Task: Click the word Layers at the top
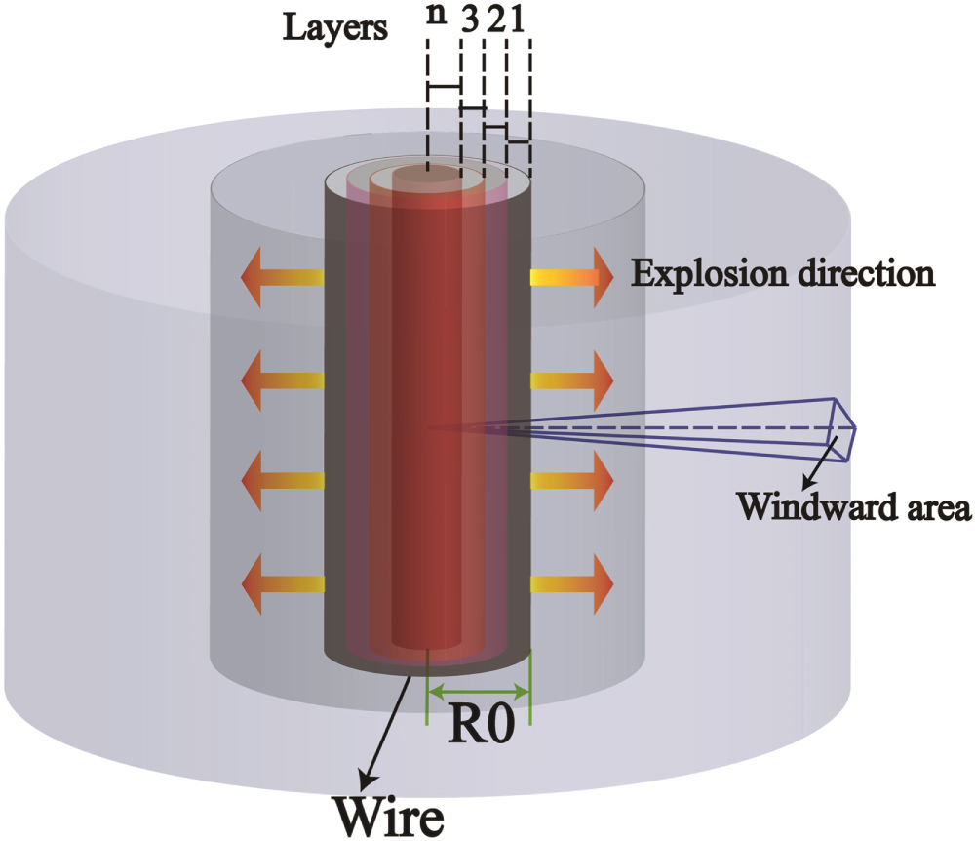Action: pyautogui.click(x=335, y=28)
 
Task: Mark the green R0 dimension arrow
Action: pyautogui.click(x=479, y=693)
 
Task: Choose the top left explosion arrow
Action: pyautogui.click(x=282, y=278)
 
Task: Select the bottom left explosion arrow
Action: pyautogui.click(x=282, y=583)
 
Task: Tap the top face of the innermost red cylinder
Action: pyautogui.click(x=427, y=177)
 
